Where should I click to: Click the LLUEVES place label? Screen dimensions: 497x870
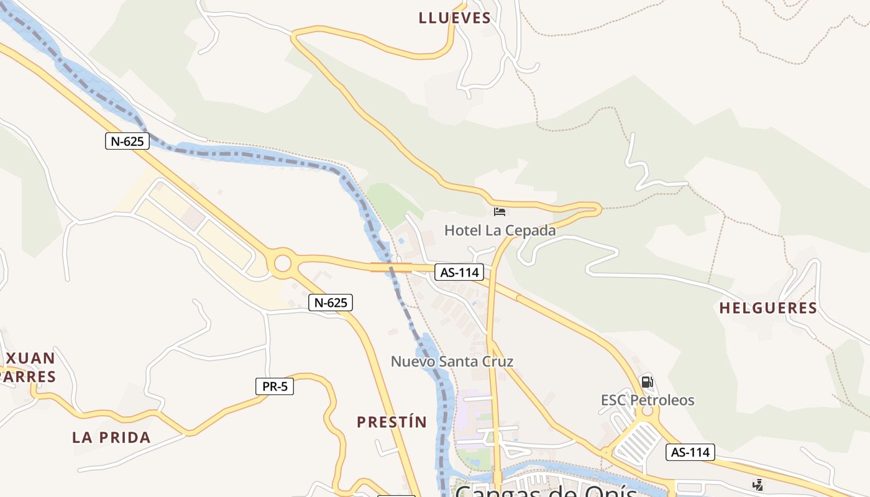pyautogui.click(x=455, y=18)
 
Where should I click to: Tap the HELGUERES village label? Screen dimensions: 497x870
pyautogui.click(x=768, y=308)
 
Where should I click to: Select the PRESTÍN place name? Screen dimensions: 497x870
pyautogui.click(x=391, y=422)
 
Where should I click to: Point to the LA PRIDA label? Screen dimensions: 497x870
pyautogui.click(x=111, y=437)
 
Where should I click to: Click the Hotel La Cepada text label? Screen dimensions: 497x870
pyautogui.click(x=500, y=230)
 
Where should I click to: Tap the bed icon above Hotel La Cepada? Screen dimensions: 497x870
pyautogui.click(x=500, y=212)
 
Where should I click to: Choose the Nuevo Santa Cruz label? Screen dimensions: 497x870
pyautogui.click(x=452, y=361)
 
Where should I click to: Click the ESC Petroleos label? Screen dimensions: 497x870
pyautogui.click(x=648, y=400)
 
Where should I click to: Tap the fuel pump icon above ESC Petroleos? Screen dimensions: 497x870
pyautogui.click(x=647, y=381)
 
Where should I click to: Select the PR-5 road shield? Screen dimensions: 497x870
pyautogui.click(x=275, y=386)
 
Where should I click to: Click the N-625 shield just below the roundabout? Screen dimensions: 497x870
pyautogui.click(x=331, y=303)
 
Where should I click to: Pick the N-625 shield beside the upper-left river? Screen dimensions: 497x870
pyautogui.click(x=127, y=141)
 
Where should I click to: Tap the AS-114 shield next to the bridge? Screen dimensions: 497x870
pyautogui.click(x=459, y=271)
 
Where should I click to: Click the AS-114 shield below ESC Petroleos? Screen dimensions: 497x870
pyautogui.click(x=690, y=452)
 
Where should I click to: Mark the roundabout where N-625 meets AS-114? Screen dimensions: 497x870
pyautogui.click(x=282, y=263)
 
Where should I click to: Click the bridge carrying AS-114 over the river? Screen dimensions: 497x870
pyautogui.click(x=391, y=267)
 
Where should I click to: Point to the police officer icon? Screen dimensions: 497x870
pyautogui.click(x=758, y=485)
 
